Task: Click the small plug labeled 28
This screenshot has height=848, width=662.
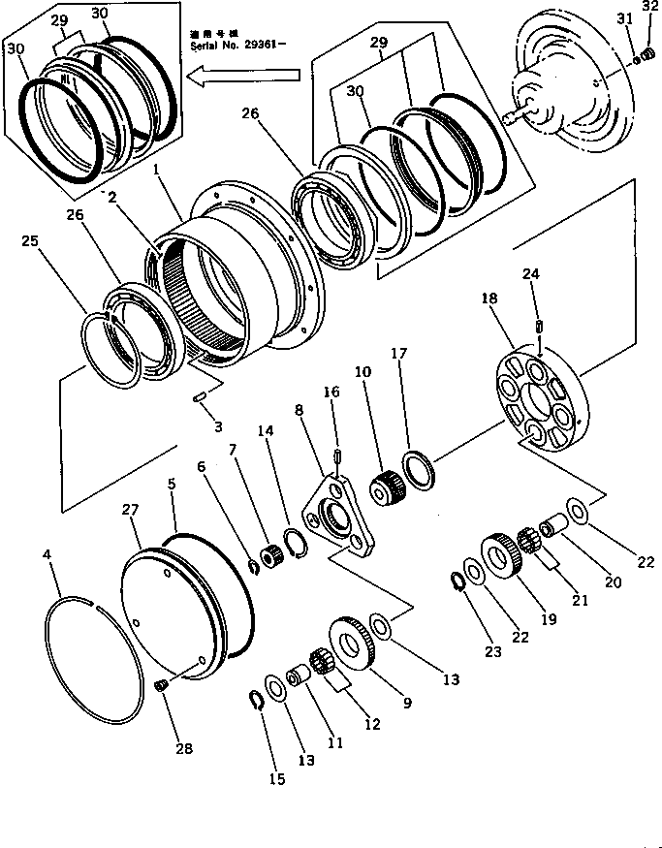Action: [x=162, y=686]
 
